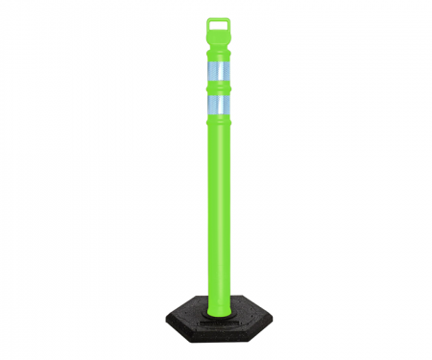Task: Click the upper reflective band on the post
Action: (x=219, y=76)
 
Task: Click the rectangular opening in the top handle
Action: (x=219, y=26)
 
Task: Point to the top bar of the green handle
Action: (x=219, y=18)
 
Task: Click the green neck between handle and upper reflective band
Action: (x=219, y=53)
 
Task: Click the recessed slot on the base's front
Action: (x=219, y=324)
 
